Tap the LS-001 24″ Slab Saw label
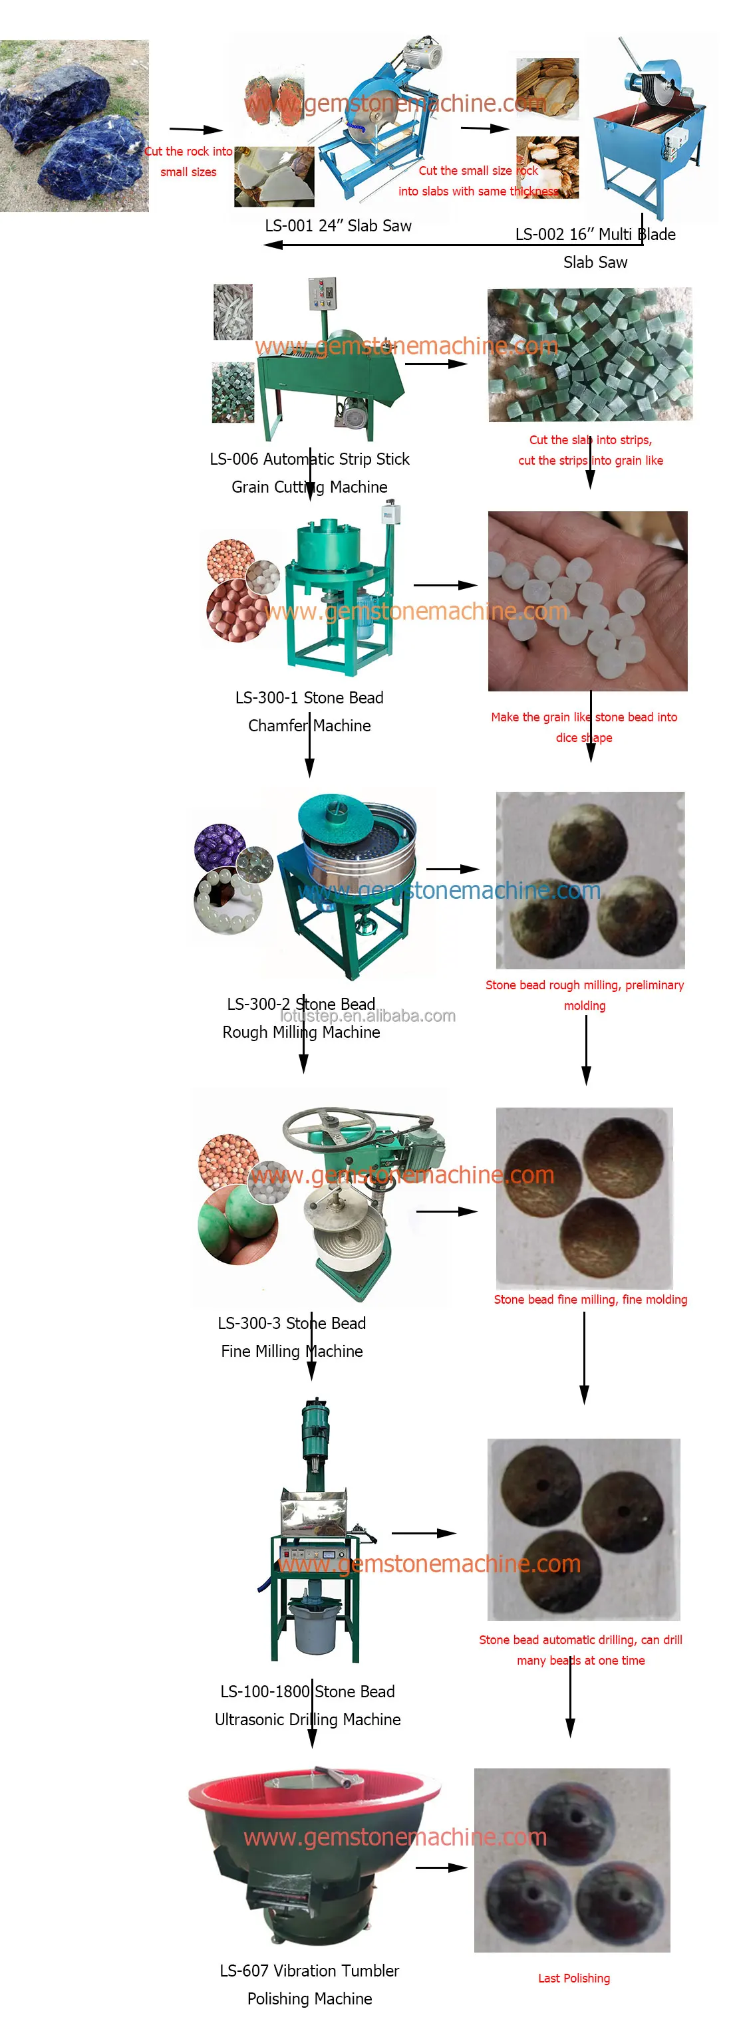tap(338, 226)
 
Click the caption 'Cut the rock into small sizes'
tap(188, 162)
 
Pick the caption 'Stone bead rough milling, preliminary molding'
tap(584, 995)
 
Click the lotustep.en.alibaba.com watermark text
tap(368, 1016)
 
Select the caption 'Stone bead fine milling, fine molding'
tap(590, 1299)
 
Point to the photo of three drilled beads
tap(583, 1528)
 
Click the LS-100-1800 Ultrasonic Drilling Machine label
tap(308, 1705)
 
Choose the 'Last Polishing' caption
tap(574, 1978)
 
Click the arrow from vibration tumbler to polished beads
tap(442, 1867)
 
